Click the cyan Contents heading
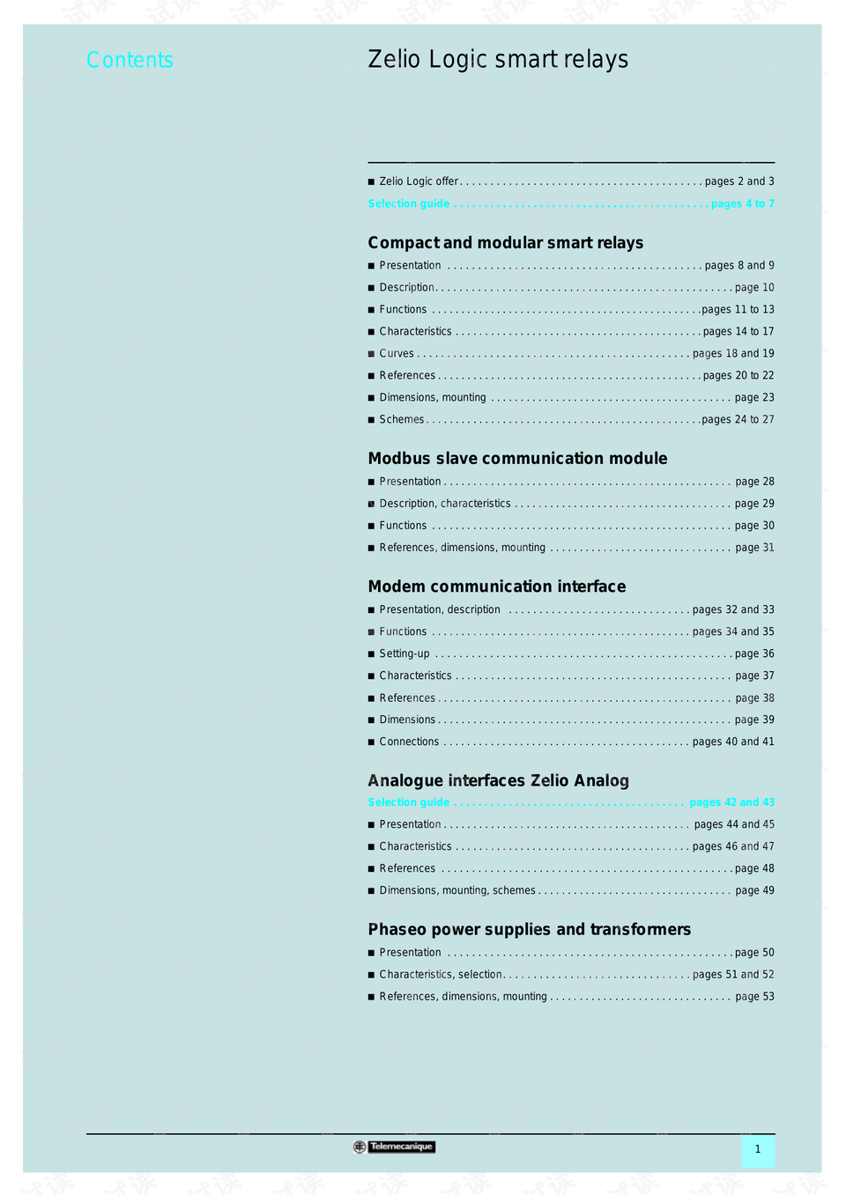pyautogui.click(x=130, y=60)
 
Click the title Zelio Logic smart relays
pyautogui.click(x=498, y=59)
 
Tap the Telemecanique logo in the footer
pyautogui.click(x=394, y=1147)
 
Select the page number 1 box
pyautogui.click(x=757, y=1149)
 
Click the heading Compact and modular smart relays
pyautogui.click(x=505, y=242)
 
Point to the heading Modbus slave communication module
pyautogui.click(x=517, y=458)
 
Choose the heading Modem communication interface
pyautogui.click(x=497, y=586)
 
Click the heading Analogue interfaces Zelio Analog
pyautogui.click(x=498, y=780)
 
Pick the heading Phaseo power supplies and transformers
pyautogui.click(x=529, y=929)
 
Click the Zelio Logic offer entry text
pyautogui.click(x=419, y=181)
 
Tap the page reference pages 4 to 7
pyautogui.click(x=742, y=203)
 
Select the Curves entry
pyautogui.click(x=397, y=353)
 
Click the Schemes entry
pyautogui.click(x=402, y=419)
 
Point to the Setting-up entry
pyautogui.click(x=404, y=653)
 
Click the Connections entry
pyautogui.click(x=409, y=741)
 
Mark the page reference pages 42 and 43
pyautogui.click(x=731, y=802)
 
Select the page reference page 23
pyautogui.click(x=754, y=397)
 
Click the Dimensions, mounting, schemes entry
pyautogui.click(x=457, y=890)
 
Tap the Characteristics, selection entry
pyautogui.click(x=441, y=974)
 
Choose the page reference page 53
pyautogui.click(x=754, y=996)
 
